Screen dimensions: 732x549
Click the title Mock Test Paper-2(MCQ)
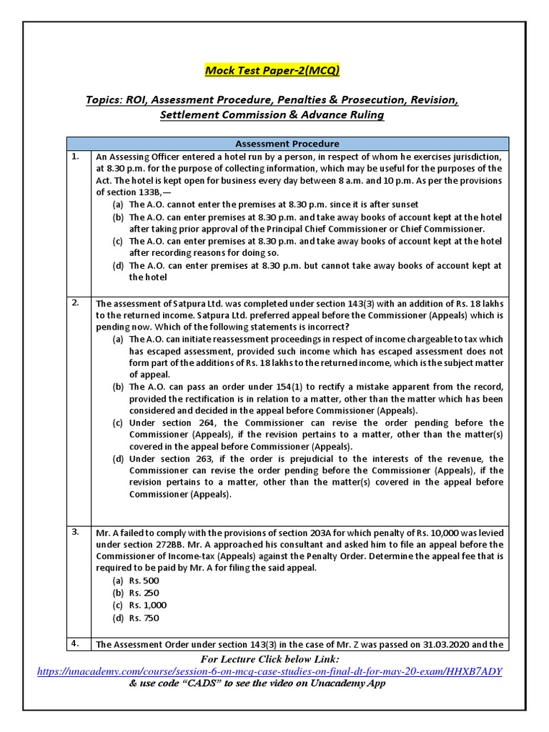coord(272,70)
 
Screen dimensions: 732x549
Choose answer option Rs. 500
coord(144,580)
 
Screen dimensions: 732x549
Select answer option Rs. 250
coord(144,593)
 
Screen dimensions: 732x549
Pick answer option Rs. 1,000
coord(147,605)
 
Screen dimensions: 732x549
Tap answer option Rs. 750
coord(144,618)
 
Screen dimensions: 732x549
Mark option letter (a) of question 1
coord(117,204)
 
